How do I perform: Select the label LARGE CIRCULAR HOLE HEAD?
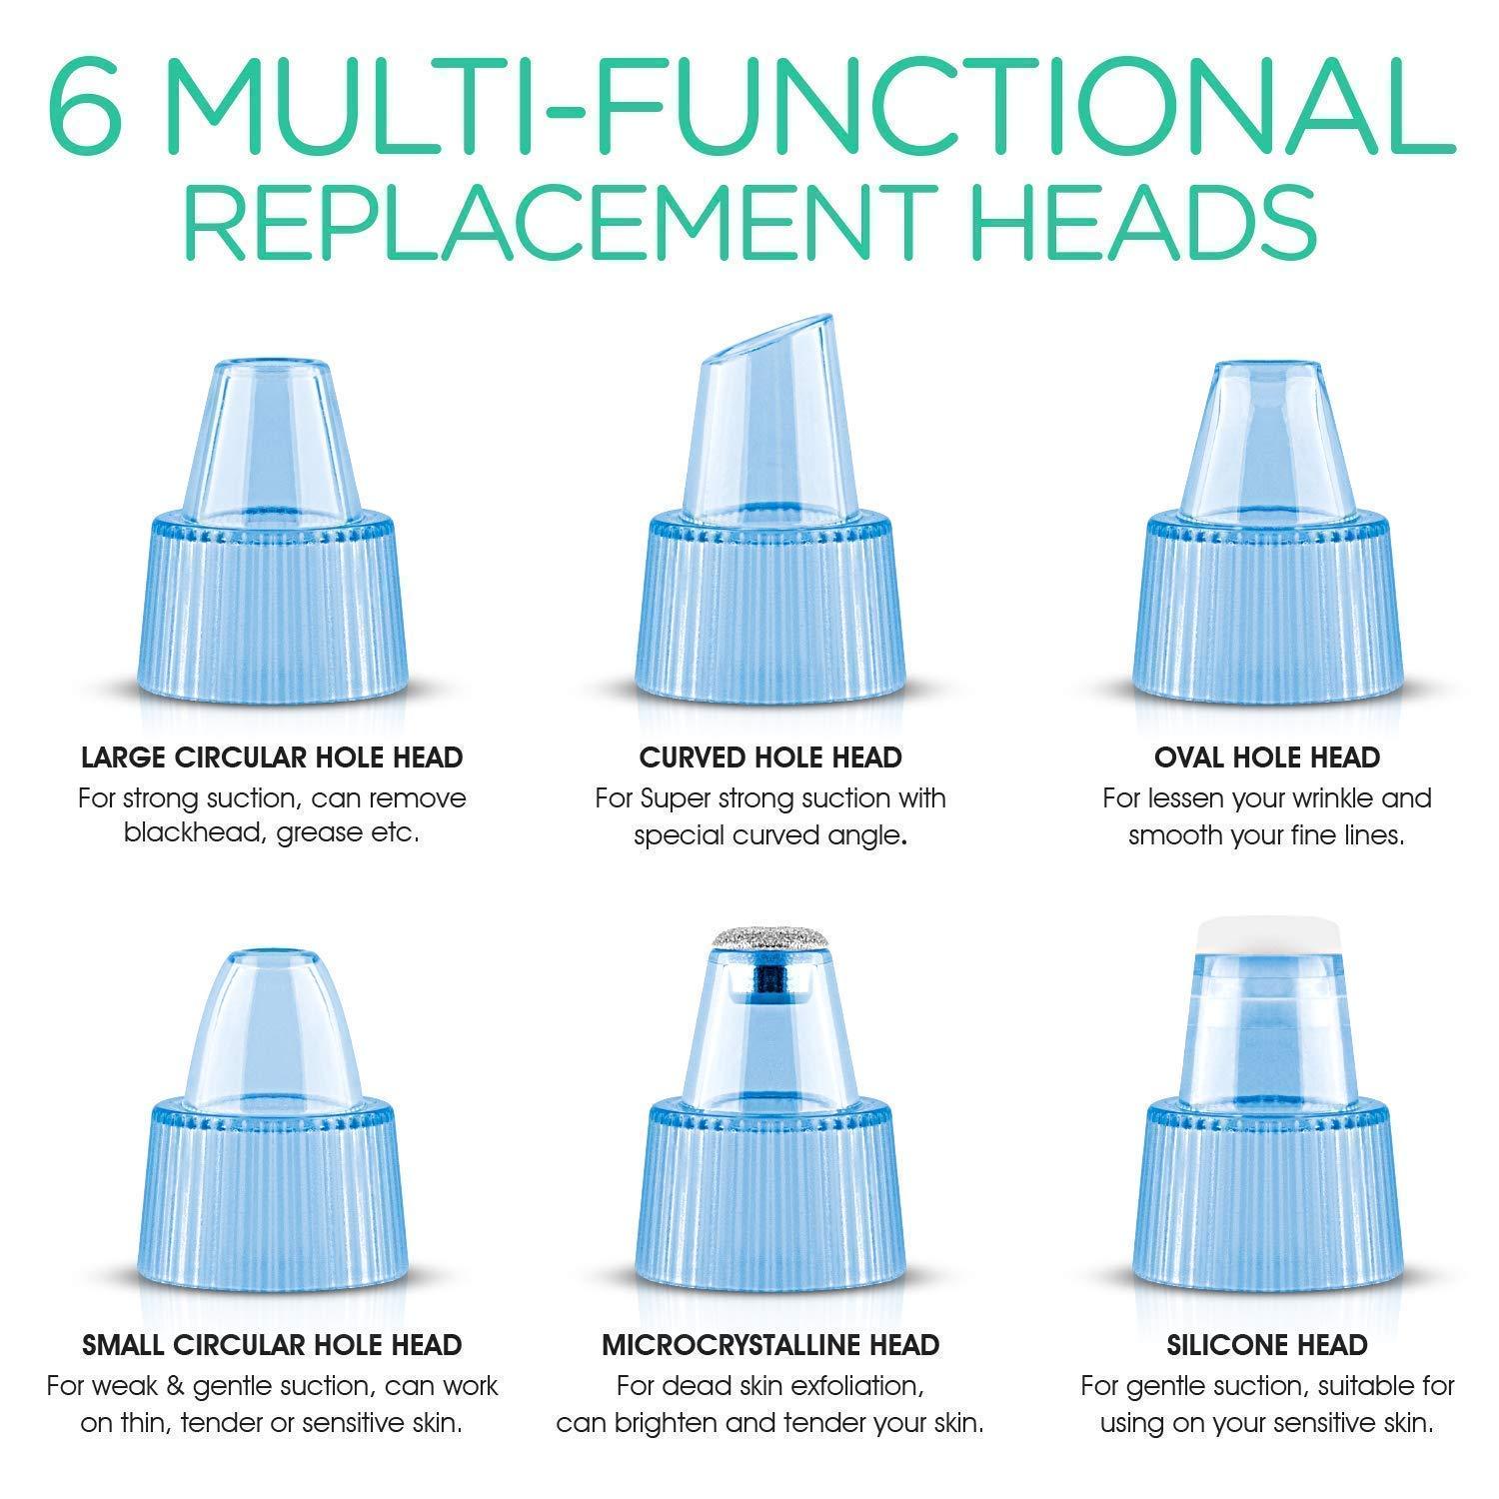pyautogui.click(x=272, y=757)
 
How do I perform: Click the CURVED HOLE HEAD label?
pyautogui.click(x=770, y=757)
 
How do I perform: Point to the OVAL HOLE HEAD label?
pyautogui.click(x=1267, y=757)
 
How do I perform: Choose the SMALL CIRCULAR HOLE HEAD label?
pyautogui.click(x=272, y=1345)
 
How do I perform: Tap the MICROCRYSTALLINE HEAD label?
pyautogui.click(x=770, y=1345)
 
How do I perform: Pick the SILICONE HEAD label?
pyautogui.click(x=1267, y=1345)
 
